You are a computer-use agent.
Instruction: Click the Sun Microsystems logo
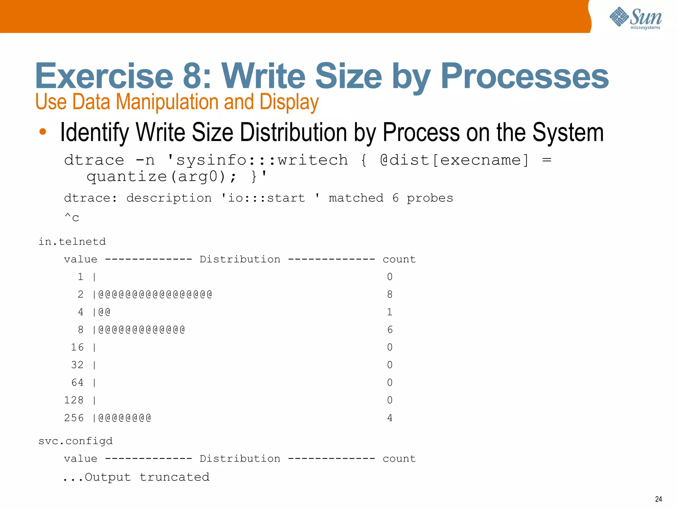(x=635, y=18)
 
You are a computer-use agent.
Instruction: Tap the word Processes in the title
(x=524, y=76)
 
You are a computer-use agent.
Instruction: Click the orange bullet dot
(x=43, y=132)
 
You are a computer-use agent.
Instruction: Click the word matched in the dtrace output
(x=356, y=198)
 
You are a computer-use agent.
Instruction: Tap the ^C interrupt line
(x=72, y=217)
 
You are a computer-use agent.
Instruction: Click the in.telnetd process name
(x=72, y=242)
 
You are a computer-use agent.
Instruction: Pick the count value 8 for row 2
(x=390, y=294)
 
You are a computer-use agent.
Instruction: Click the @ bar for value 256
(x=124, y=418)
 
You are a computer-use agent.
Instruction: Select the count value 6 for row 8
(x=390, y=330)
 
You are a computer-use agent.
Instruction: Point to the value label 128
(x=73, y=400)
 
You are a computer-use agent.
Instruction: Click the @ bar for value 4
(x=104, y=312)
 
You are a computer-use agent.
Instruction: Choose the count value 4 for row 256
(x=390, y=418)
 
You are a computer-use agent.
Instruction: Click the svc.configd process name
(x=75, y=441)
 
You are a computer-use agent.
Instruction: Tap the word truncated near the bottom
(x=174, y=477)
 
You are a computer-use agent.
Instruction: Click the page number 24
(x=658, y=499)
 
